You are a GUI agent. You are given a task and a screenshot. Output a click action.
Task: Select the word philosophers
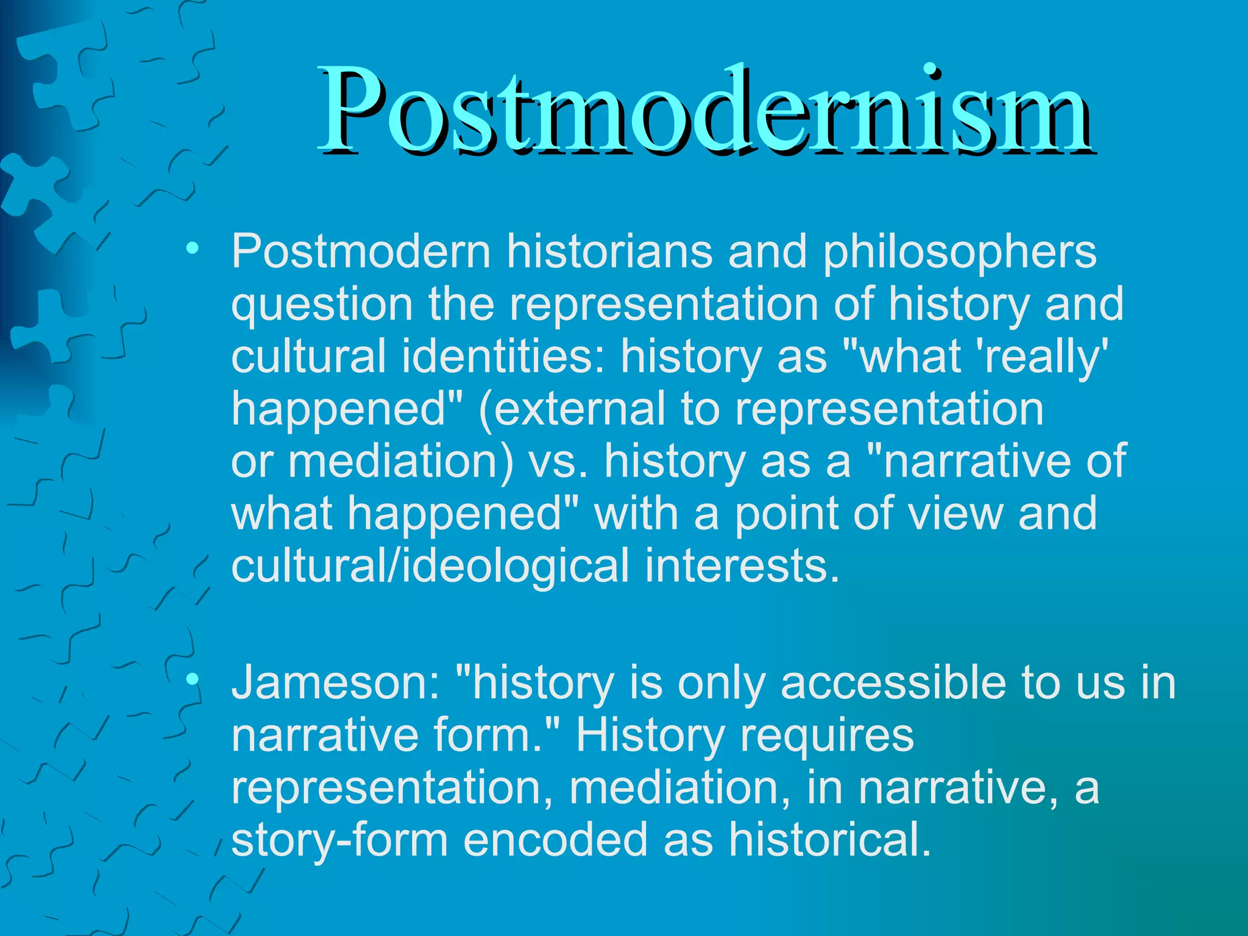[960, 253]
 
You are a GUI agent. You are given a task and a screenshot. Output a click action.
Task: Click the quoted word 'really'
[1042, 356]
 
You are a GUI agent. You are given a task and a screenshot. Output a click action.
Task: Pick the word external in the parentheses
[573, 408]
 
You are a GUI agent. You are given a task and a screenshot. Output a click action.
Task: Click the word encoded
[555, 840]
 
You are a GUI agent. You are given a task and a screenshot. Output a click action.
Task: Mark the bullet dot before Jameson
[193, 678]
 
